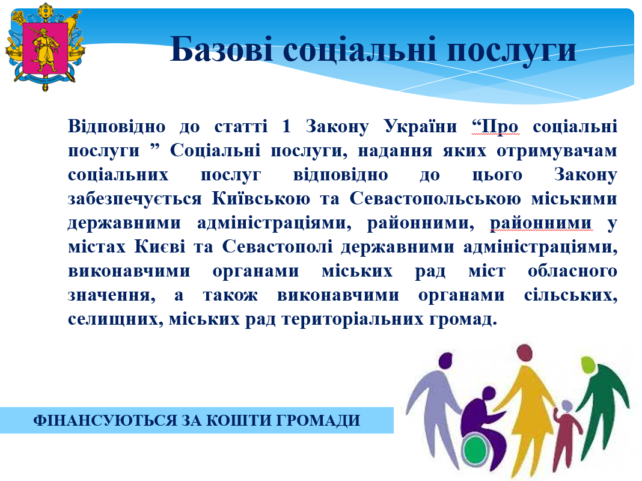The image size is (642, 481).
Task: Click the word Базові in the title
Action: click(x=221, y=49)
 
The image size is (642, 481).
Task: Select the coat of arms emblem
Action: click(x=45, y=47)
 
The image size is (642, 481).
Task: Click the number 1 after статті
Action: click(x=286, y=126)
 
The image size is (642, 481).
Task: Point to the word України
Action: click(x=421, y=126)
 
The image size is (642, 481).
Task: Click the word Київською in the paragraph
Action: click(x=261, y=198)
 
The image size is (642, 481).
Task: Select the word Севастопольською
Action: click(x=435, y=198)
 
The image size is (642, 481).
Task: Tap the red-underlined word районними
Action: click(x=541, y=223)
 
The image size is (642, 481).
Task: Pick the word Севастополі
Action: click(x=277, y=247)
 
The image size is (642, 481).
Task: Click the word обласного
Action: click(x=572, y=271)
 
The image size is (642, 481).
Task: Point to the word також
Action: click(x=230, y=295)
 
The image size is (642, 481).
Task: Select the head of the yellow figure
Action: click(x=525, y=353)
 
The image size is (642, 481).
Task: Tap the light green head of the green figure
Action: click(x=588, y=364)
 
